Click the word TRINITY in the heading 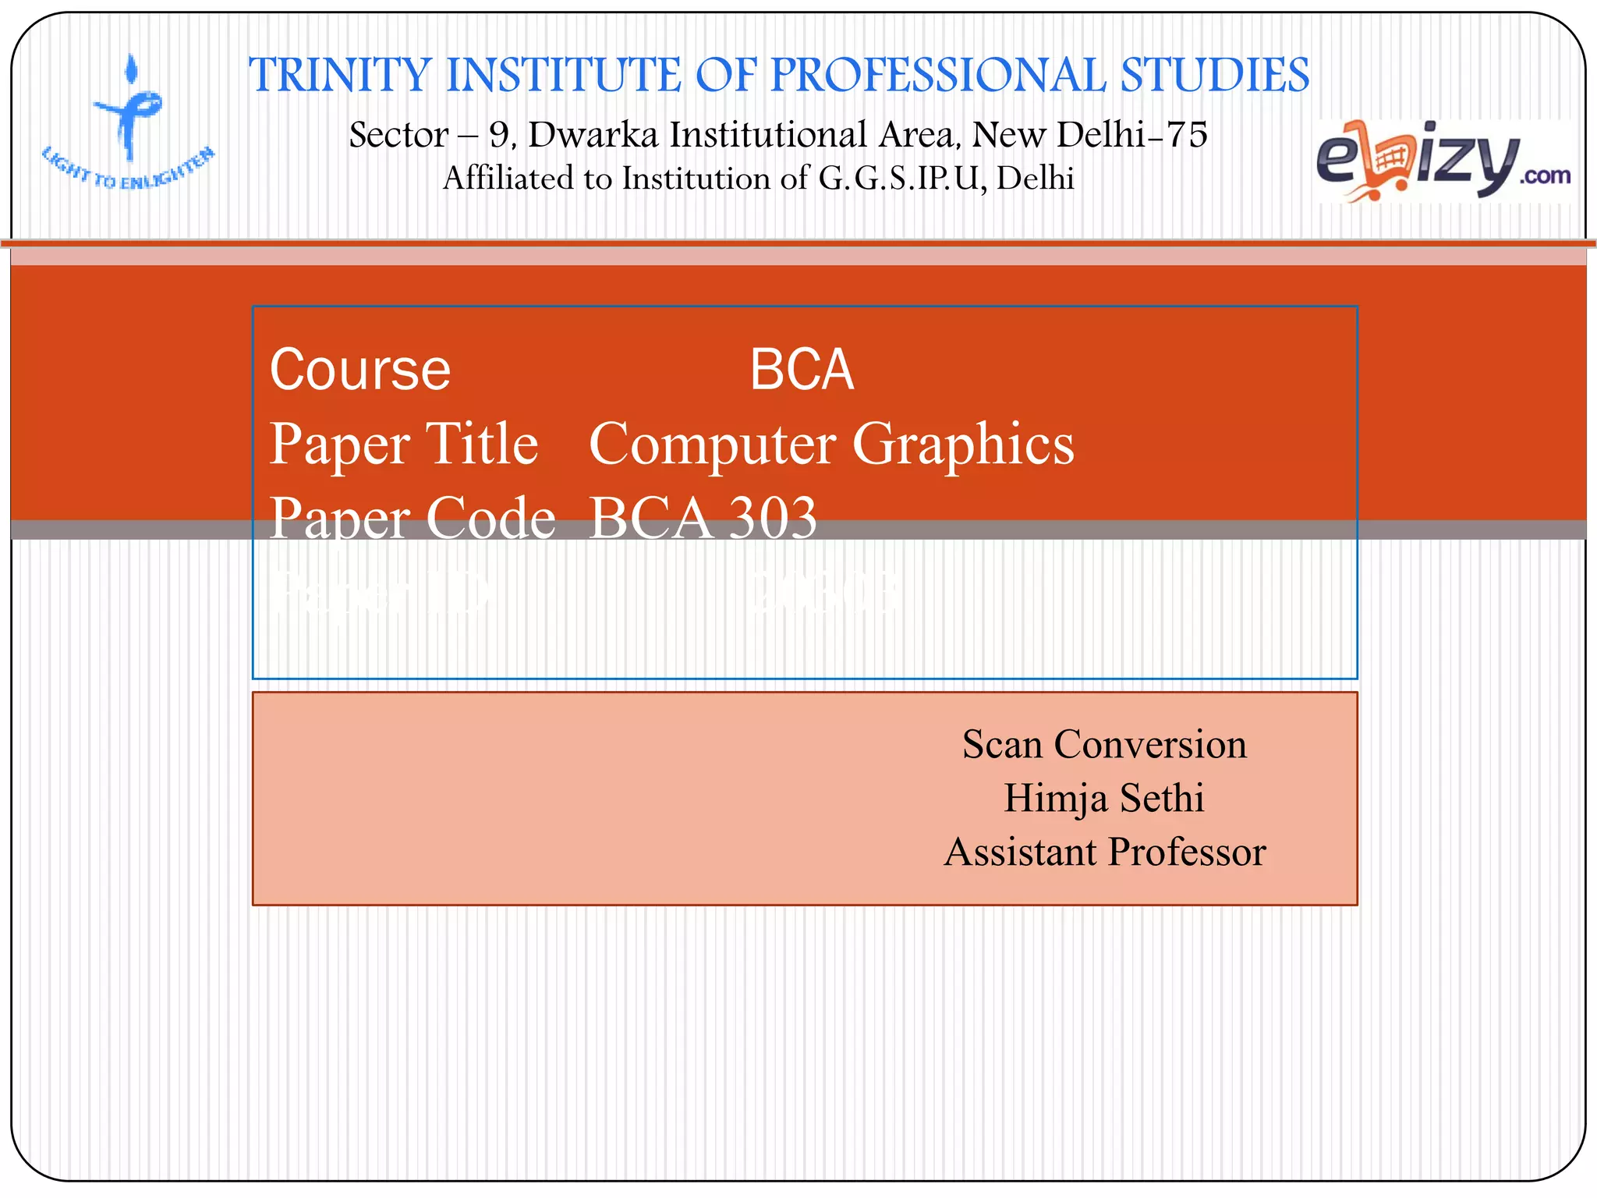(339, 76)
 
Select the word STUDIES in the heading (1215, 76)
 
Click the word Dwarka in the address (593, 135)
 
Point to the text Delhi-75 (1131, 135)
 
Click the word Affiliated (509, 179)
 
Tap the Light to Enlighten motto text (129, 170)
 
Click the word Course (359, 370)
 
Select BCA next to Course (802, 370)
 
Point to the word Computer (713, 444)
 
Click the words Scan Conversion (1104, 744)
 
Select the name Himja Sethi (1104, 798)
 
